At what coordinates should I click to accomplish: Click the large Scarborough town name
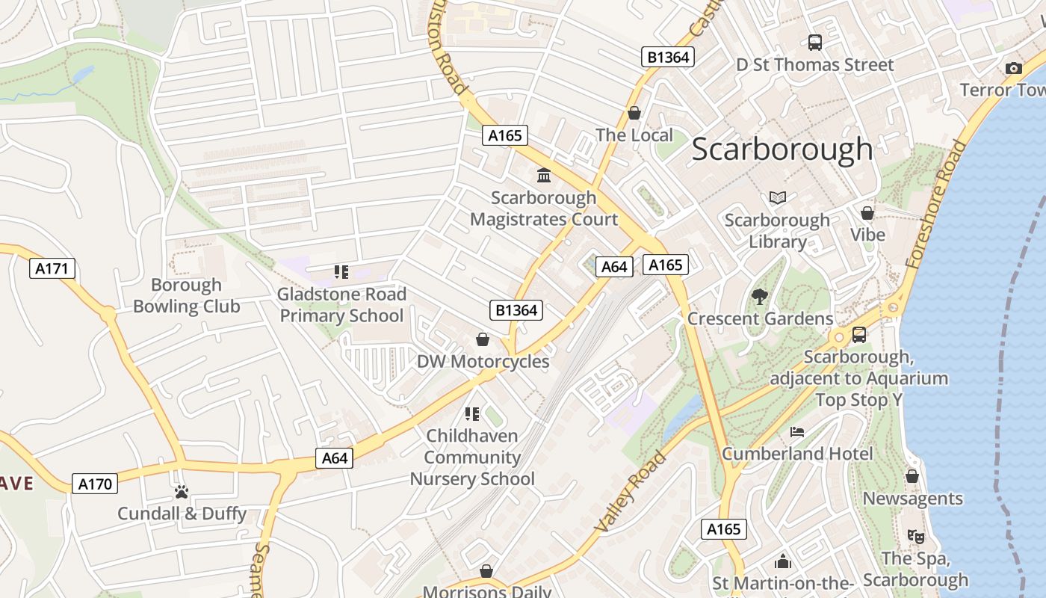(x=782, y=149)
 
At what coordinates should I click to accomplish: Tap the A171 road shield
(x=53, y=268)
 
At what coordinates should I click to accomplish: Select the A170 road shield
(x=96, y=484)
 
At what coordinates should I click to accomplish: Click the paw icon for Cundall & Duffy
(x=182, y=492)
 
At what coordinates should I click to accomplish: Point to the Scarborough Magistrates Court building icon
(x=544, y=176)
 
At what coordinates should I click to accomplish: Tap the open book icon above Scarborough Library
(x=778, y=198)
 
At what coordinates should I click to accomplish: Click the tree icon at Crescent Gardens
(x=760, y=297)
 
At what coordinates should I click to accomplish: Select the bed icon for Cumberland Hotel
(x=797, y=432)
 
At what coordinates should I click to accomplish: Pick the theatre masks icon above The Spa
(x=915, y=536)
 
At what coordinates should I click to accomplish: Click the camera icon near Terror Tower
(x=1014, y=68)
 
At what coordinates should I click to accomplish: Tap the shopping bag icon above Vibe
(x=867, y=213)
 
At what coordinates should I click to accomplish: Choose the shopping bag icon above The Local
(x=634, y=113)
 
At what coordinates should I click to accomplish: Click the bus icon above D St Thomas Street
(x=815, y=43)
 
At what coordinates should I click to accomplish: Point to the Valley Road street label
(x=629, y=492)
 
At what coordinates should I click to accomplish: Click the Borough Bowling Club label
(x=186, y=295)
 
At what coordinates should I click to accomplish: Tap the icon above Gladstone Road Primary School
(x=341, y=272)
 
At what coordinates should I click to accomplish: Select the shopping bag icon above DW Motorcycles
(x=483, y=340)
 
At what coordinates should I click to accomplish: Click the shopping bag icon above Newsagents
(x=912, y=476)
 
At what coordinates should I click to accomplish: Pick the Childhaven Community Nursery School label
(x=472, y=457)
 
